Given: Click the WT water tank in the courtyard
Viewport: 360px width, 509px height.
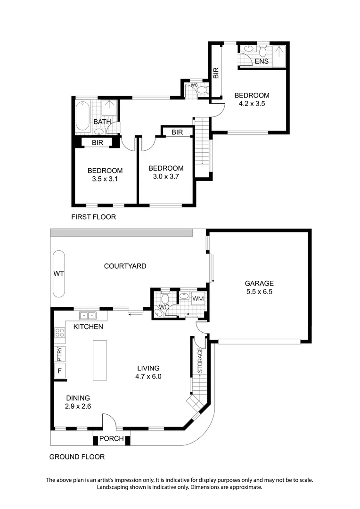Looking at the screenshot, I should click(x=58, y=274).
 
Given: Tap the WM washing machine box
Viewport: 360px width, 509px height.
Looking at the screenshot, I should click(x=198, y=298).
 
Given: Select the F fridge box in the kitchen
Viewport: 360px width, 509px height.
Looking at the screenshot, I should click(x=59, y=371).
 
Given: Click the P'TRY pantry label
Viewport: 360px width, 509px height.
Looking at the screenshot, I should click(x=60, y=354).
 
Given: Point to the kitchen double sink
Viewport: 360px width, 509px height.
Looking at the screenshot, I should click(x=88, y=315).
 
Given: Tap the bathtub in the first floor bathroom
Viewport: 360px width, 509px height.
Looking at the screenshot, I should click(x=82, y=115).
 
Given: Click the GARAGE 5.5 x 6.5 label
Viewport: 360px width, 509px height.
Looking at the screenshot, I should click(x=259, y=287).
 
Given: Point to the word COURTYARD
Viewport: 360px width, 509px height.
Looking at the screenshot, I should click(x=125, y=266).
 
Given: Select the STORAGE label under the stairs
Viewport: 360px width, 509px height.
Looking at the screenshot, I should click(x=200, y=361).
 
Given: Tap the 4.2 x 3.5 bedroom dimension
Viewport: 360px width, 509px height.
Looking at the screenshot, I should click(x=252, y=104).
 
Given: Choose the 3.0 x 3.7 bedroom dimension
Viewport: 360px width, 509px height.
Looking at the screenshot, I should click(x=165, y=177).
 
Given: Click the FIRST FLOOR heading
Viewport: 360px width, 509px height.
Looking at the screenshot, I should click(x=93, y=217).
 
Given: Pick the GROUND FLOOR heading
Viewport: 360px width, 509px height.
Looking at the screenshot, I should click(x=77, y=457).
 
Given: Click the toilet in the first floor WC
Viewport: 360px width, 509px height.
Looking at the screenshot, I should click(x=202, y=90).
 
